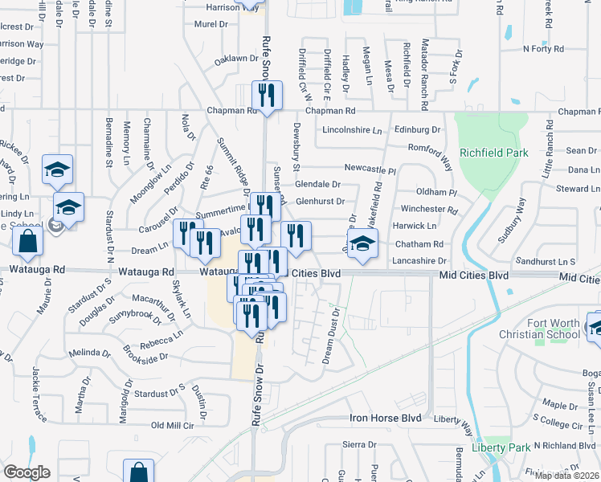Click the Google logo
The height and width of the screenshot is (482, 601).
[x=27, y=472]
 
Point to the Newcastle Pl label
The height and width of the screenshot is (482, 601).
[x=370, y=170]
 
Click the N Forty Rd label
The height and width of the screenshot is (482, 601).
[x=544, y=49]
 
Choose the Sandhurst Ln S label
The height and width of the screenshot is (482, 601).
[x=546, y=262]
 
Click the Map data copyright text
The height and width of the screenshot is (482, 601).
[x=567, y=476]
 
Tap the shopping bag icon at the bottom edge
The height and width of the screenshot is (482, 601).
[x=138, y=472]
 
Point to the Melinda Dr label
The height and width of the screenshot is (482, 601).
[x=89, y=353]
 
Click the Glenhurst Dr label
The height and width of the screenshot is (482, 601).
[x=320, y=202]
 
